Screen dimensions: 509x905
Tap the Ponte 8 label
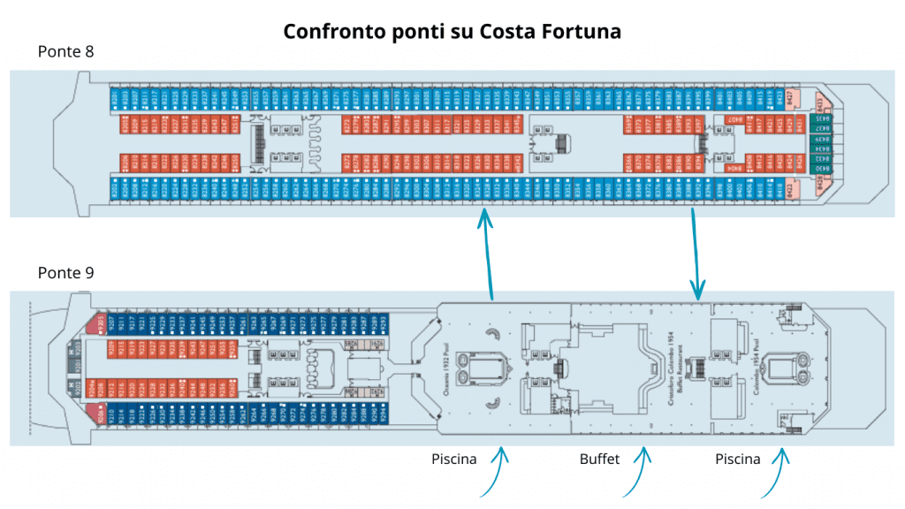66,52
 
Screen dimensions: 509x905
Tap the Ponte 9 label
66,273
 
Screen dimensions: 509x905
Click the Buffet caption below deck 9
599,459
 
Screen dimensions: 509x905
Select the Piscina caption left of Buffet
454,459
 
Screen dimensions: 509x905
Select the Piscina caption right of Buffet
738,459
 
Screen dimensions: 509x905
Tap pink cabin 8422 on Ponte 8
791,188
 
